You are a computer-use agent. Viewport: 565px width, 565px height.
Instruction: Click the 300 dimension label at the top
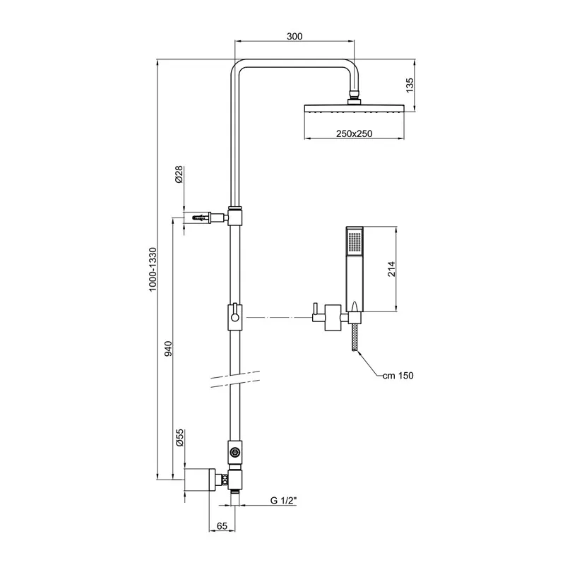point(296,37)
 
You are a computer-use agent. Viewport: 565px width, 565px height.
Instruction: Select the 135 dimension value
point(411,85)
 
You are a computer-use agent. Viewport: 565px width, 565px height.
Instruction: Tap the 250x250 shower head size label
point(354,133)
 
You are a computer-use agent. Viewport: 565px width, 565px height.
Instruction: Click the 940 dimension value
point(167,348)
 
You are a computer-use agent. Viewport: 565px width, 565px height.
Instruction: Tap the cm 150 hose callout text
point(398,376)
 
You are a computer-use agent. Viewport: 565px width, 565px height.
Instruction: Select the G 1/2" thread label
point(283,501)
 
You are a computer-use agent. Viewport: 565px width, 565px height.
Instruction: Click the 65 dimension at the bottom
point(221,526)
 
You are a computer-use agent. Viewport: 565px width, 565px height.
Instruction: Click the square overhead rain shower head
point(354,109)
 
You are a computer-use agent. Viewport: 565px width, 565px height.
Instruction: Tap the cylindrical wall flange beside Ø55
point(199,479)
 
